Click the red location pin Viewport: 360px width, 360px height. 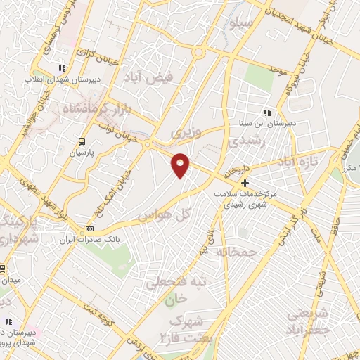pos(181,165)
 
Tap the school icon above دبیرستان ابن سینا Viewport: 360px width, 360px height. pos(266,112)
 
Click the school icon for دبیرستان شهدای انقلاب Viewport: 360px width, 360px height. pos(63,68)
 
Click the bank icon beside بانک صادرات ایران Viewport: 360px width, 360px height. pos(89,229)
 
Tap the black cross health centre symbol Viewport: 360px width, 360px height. pos(245,183)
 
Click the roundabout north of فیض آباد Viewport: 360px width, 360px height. pos(199,51)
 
